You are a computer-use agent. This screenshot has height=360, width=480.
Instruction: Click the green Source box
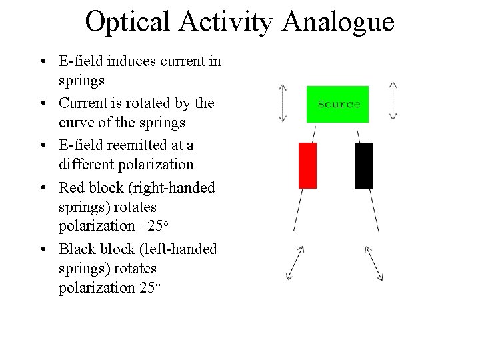pyautogui.click(x=337, y=104)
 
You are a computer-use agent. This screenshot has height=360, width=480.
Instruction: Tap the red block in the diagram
pyautogui.click(x=307, y=165)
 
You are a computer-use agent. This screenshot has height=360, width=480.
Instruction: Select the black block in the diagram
pyautogui.click(x=364, y=166)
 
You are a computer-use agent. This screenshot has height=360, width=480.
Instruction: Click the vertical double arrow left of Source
pyautogui.click(x=283, y=103)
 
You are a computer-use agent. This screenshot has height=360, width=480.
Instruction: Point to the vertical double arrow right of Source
pyautogui.click(x=393, y=102)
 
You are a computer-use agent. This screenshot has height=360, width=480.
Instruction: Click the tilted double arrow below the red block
pyautogui.click(x=295, y=263)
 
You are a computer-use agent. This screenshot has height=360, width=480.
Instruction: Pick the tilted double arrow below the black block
pyautogui.click(x=373, y=263)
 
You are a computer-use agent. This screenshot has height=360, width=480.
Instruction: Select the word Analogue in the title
pyautogui.click(x=338, y=23)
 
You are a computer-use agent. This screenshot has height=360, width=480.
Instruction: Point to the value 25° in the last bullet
pyautogui.click(x=149, y=288)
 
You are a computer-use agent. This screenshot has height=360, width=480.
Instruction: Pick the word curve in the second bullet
pyautogui.click(x=77, y=123)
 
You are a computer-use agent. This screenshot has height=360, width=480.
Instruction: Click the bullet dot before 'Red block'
pyautogui.click(x=42, y=188)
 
